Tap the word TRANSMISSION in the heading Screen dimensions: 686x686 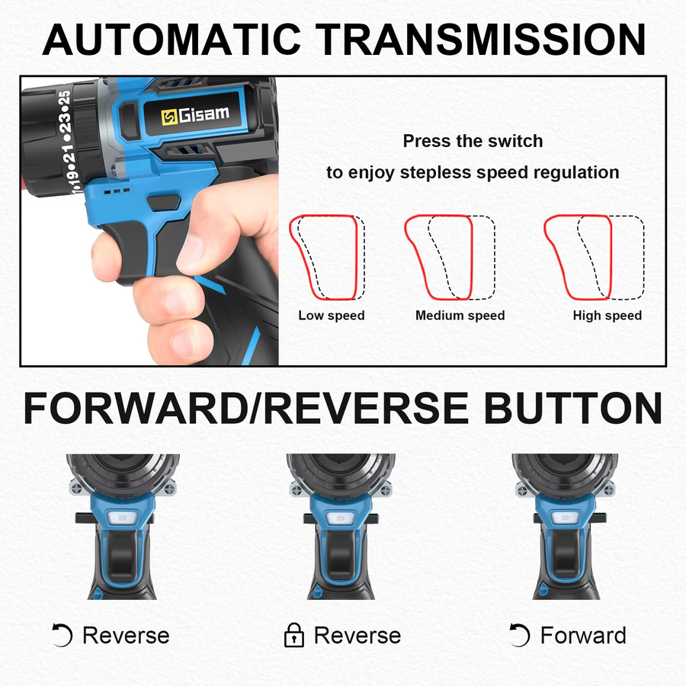pos(480,40)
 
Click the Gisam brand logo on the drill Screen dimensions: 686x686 pos(194,115)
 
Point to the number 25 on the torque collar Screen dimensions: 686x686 pos(64,99)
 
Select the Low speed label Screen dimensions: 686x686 pos(332,316)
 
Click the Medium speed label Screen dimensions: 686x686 pos(460,316)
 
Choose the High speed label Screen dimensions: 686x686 pos(607,316)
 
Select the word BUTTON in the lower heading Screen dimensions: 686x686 pos(572,409)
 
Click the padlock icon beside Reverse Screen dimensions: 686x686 pos(294,635)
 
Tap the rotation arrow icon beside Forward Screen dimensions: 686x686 pos(520,635)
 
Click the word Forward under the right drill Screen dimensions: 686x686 pos(583,635)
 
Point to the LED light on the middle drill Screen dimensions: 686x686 pos(339,518)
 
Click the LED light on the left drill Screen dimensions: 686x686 pos(122,518)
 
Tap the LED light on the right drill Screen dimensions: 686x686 pos(565,518)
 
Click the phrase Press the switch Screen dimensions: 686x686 pos(473,141)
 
